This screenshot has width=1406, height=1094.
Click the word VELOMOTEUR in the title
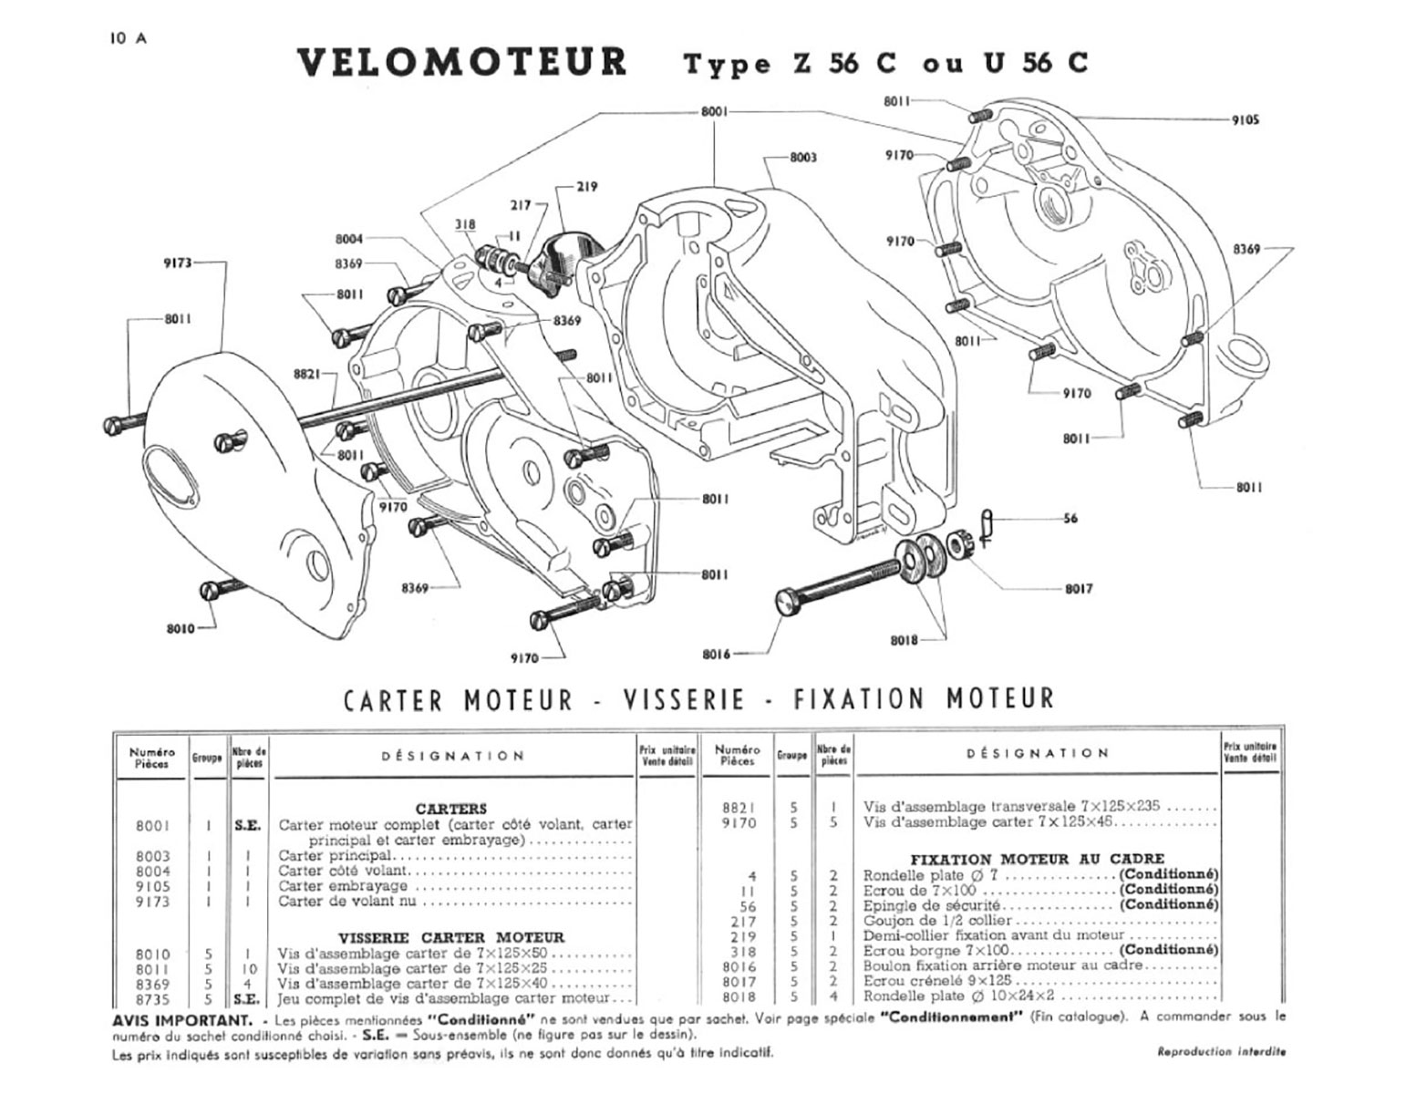tap(462, 62)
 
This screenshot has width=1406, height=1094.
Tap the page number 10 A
tap(128, 38)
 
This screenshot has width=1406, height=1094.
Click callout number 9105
tap(1245, 119)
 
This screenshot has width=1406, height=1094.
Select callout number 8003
tap(802, 158)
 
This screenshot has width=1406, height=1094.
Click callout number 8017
tap(1079, 589)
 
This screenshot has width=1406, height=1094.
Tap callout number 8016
tap(717, 654)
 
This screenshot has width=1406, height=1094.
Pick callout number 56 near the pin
tap(1070, 519)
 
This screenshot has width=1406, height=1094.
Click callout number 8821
tap(305, 374)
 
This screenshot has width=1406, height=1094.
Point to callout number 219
tap(587, 187)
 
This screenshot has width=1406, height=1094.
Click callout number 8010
tap(181, 628)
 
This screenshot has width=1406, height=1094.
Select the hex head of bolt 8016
tap(787, 601)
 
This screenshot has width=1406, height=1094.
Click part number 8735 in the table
tap(152, 999)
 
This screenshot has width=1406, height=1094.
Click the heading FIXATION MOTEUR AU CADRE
tap(1037, 859)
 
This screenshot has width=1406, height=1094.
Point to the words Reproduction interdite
tap(1221, 1052)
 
